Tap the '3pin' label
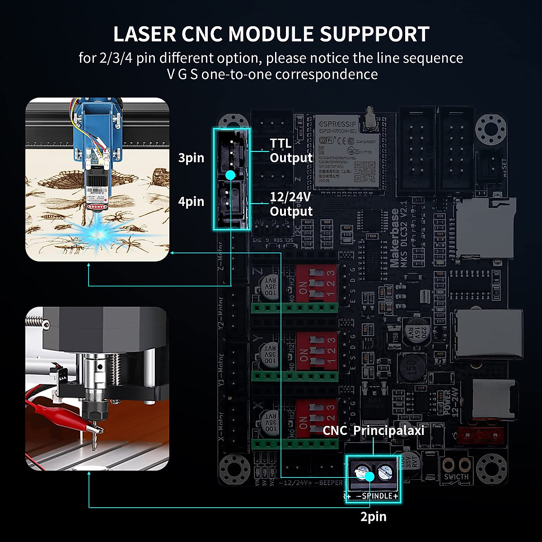click(x=191, y=158)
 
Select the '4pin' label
click(x=191, y=201)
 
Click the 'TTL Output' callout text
click(x=291, y=150)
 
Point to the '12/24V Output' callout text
click(x=291, y=204)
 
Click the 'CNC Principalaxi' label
click(x=374, y=430)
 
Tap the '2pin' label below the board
click(x=373, y=517)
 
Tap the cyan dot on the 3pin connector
click(x=230, y=175)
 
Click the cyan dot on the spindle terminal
click(x=370, y=477)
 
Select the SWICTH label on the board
click(x=456, y=477)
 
